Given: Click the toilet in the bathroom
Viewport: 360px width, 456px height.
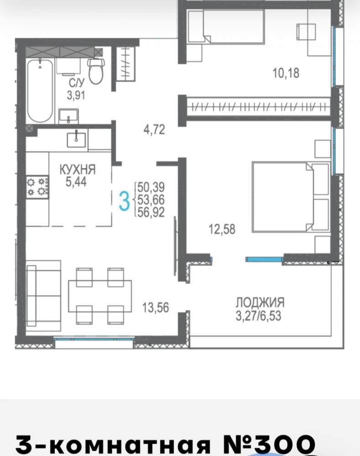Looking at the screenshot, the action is pos(96,71).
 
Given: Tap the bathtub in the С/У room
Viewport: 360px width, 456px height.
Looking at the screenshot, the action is pos(40,90).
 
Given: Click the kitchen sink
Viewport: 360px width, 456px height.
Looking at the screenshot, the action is pos(77,140).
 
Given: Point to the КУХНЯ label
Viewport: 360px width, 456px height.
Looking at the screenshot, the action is pos(78,170).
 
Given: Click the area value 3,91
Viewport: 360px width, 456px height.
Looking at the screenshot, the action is pos(76,95).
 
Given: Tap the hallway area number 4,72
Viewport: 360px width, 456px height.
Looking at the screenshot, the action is pos(154,130).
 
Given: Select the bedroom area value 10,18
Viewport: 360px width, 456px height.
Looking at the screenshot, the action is pos(286,73).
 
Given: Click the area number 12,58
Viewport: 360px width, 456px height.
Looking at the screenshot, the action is pos(222,229).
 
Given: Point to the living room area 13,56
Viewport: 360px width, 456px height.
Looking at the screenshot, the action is pos(156,307).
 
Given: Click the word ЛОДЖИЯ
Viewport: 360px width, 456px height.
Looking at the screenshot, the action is pos(260,302).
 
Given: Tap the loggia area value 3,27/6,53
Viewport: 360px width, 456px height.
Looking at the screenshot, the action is pos(258,316).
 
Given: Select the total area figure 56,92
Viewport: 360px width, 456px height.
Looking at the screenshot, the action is pos(151,212).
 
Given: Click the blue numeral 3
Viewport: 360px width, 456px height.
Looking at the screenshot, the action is pos(124,201).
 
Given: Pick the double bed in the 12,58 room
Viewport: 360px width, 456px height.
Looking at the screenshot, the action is pos(291,197).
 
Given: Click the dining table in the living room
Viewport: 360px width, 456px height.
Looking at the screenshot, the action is pos(100,296).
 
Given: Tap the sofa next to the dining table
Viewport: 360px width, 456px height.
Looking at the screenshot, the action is pos(43,295).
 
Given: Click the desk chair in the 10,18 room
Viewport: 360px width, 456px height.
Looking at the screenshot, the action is pos(306,32).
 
